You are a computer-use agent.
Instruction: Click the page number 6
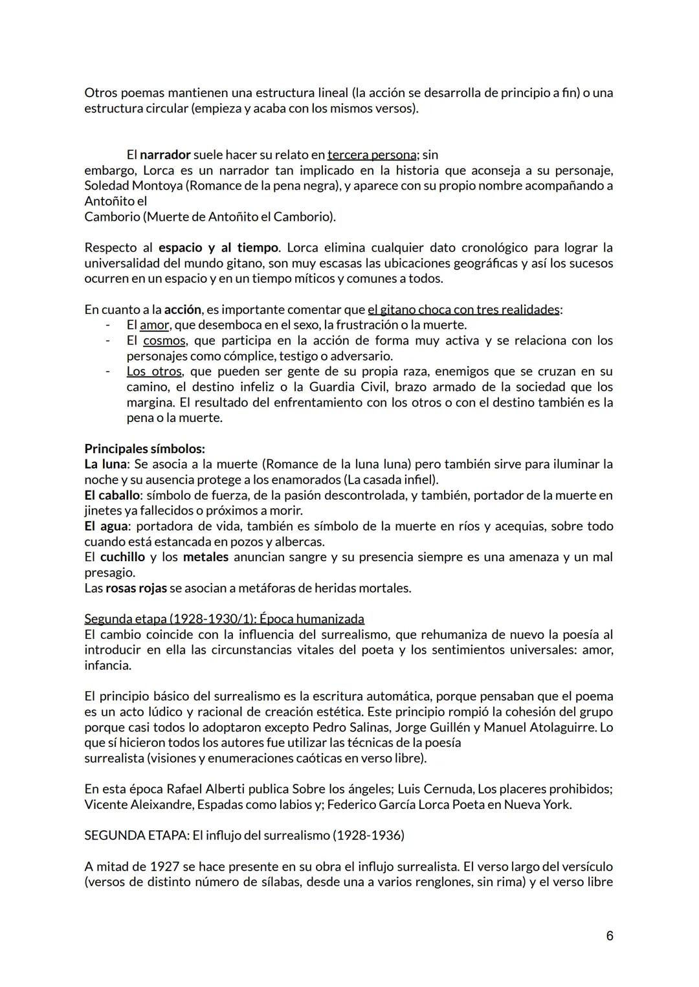[x=609, y=936]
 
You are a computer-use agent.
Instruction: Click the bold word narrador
[x=165, y=155]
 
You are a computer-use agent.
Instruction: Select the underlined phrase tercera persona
[x=372, y=155]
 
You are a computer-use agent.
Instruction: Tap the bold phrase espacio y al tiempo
[x=218, y=248]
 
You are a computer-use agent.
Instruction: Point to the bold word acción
[x=183, y=309]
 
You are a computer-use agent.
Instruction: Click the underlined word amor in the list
[x=154, y=325]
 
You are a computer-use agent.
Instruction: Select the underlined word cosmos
[x=164, y=340]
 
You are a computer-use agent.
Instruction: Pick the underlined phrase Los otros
[x=155, y=372]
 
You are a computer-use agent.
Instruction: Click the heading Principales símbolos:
[x=144, y=449]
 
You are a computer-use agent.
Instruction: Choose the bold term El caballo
[x=112, y=495]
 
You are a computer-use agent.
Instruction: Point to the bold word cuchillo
[x=122, y=557]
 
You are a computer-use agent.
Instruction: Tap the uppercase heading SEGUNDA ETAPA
[x=135, y=836]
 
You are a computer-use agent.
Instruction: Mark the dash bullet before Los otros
[x=108, y=372]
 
